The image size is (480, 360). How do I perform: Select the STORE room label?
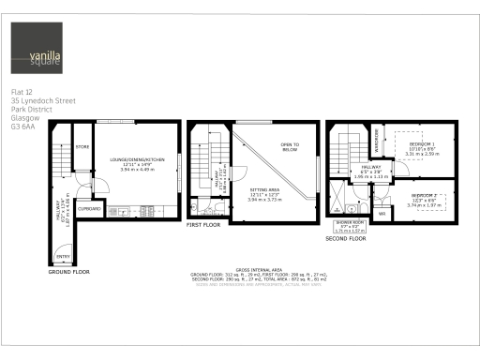click(82, 147)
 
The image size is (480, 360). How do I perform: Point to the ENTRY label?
click(62, 256)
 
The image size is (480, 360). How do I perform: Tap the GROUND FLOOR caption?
click(68, 271)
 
